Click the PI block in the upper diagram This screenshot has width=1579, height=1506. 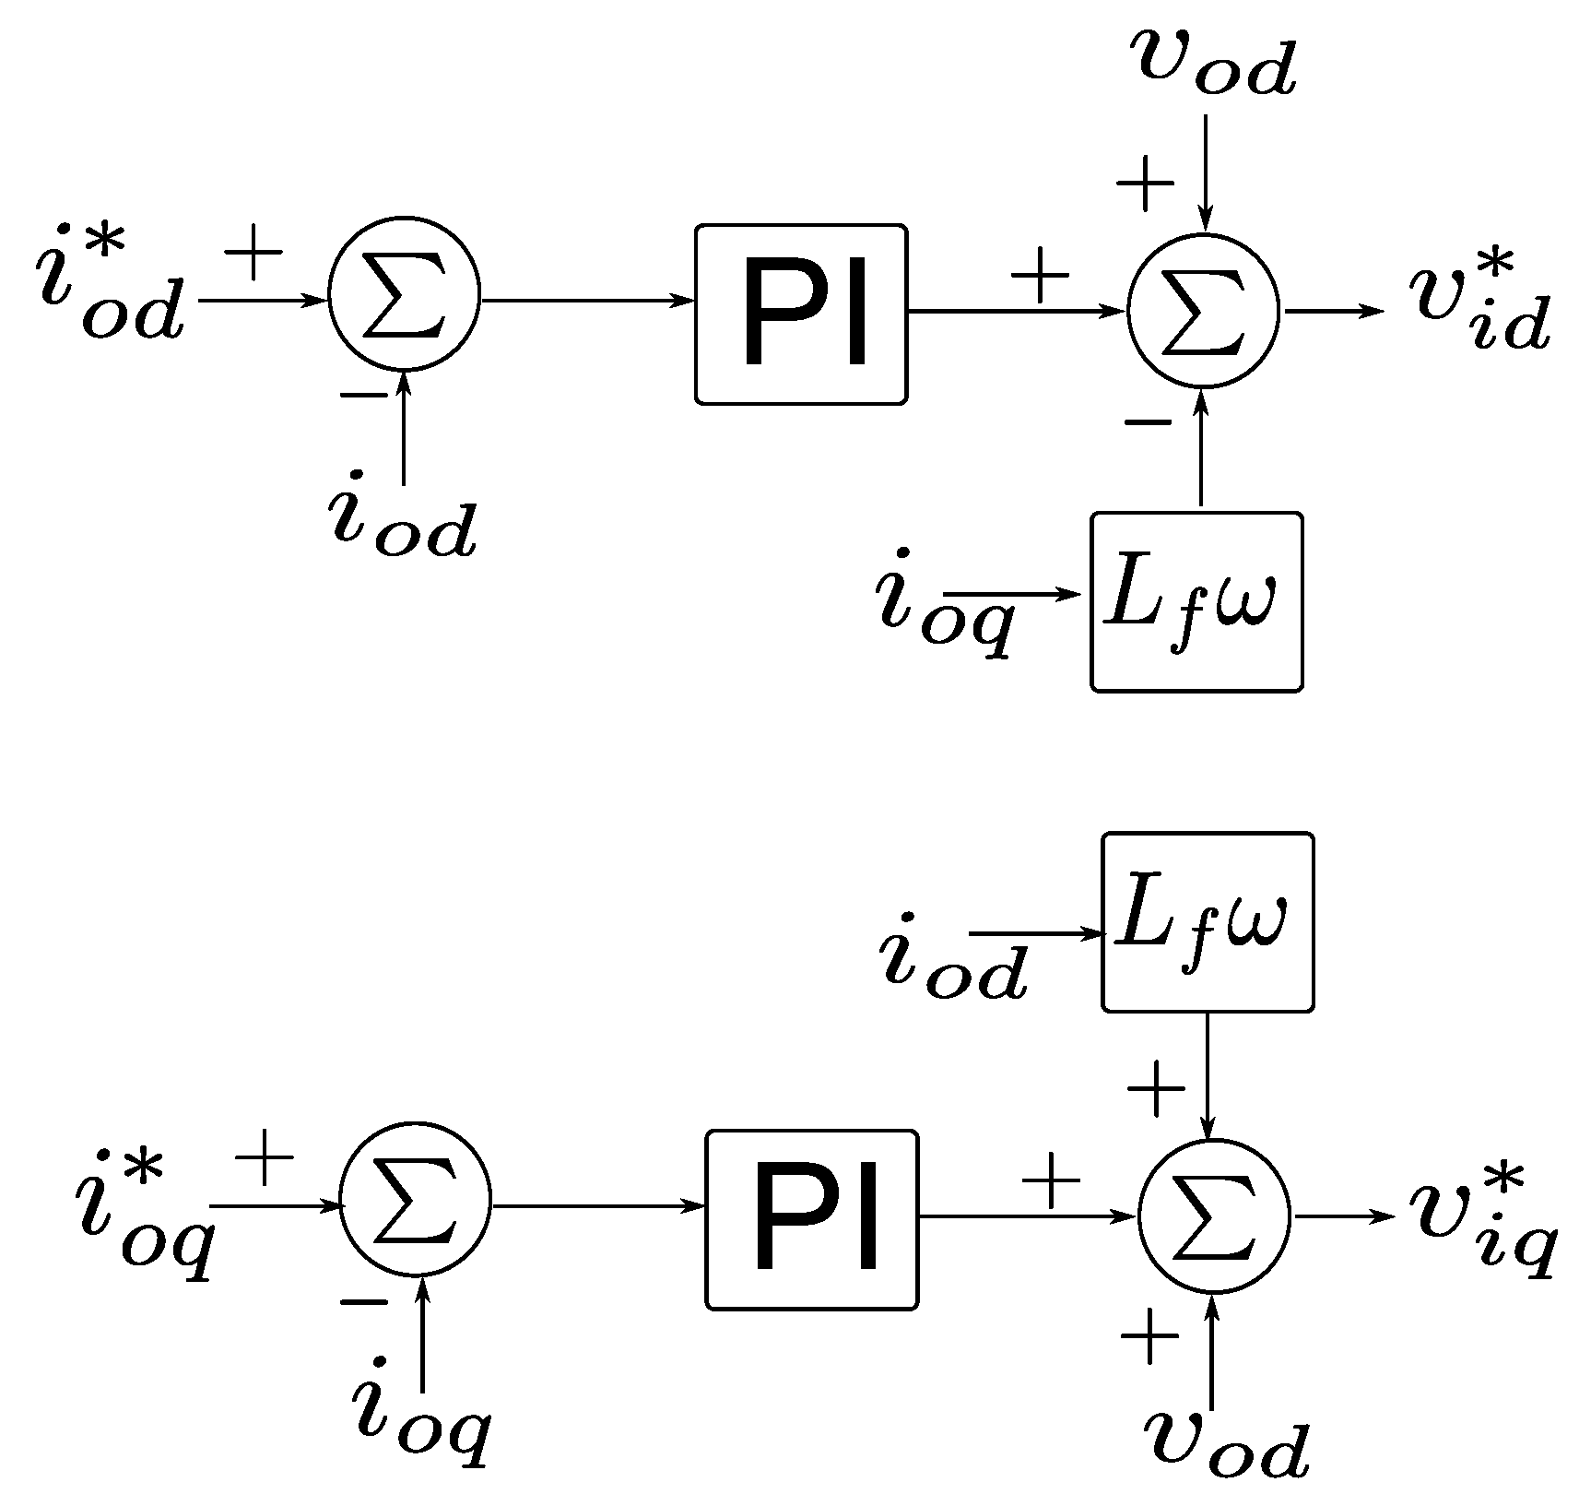point(801,314)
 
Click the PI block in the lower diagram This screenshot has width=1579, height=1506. point(812,1219)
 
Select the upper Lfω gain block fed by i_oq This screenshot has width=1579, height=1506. point(1196,601)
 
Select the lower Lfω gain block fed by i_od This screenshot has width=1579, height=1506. point(1208,921)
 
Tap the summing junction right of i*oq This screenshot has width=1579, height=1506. point(416,1205)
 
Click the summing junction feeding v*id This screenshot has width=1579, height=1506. point(1204,311)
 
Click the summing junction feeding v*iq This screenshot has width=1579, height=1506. point(1215,1216)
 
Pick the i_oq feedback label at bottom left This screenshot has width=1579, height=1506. point(419,1435)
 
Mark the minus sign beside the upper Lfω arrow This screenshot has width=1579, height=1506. point(1148,423)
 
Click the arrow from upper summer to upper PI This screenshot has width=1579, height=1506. point(586,301)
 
